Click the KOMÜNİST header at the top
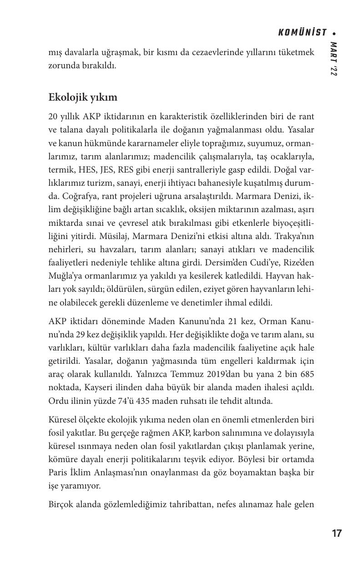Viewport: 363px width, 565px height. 302,33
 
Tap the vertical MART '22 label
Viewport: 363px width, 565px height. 334,59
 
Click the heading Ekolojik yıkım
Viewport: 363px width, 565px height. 83,97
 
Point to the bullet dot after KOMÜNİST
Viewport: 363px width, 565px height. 334,33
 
